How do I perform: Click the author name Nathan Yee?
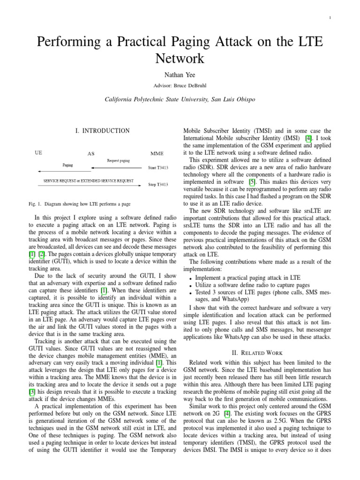(x=180, y=75)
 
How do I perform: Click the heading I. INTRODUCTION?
(x=102, y=131)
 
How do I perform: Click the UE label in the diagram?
(x=39, y=152)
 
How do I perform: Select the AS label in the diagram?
(x=91, y=154)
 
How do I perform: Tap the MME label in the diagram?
(x=157, y=154)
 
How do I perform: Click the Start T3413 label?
(x=158, y=167)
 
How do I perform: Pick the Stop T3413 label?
(x=158, y=185)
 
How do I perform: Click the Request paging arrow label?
(x=118, y=160)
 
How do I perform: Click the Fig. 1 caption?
(x=80, y=204)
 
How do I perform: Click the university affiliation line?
(x=180, y=99)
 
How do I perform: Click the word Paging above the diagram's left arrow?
(x=67, y=165)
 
